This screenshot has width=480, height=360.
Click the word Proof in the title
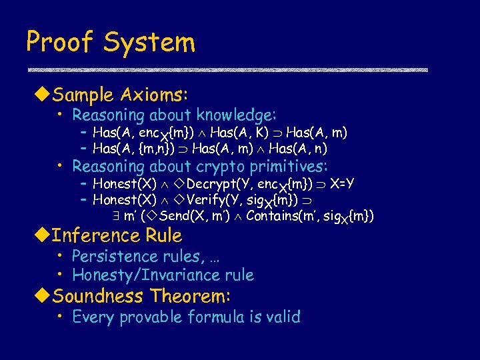click(59, 43)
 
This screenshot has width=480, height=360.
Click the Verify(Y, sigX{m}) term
click(235, 200)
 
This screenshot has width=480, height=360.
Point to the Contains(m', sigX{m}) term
click(309, 216)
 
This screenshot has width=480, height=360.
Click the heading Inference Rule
click(117, 235)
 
